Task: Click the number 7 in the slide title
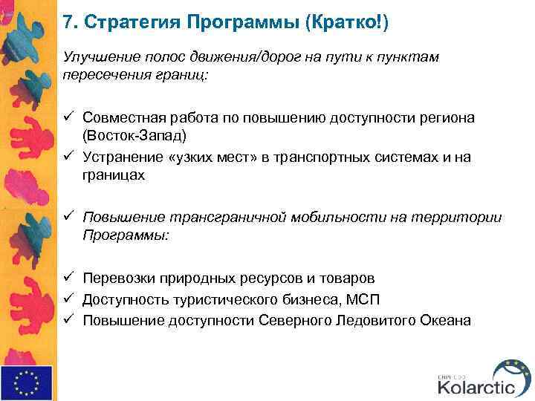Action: click(x=68, y=22)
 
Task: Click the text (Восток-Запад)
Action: click(x=134, y=137)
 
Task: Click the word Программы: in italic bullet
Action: click(x=126, y=236)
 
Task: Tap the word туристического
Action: click(x=217, y=299)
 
